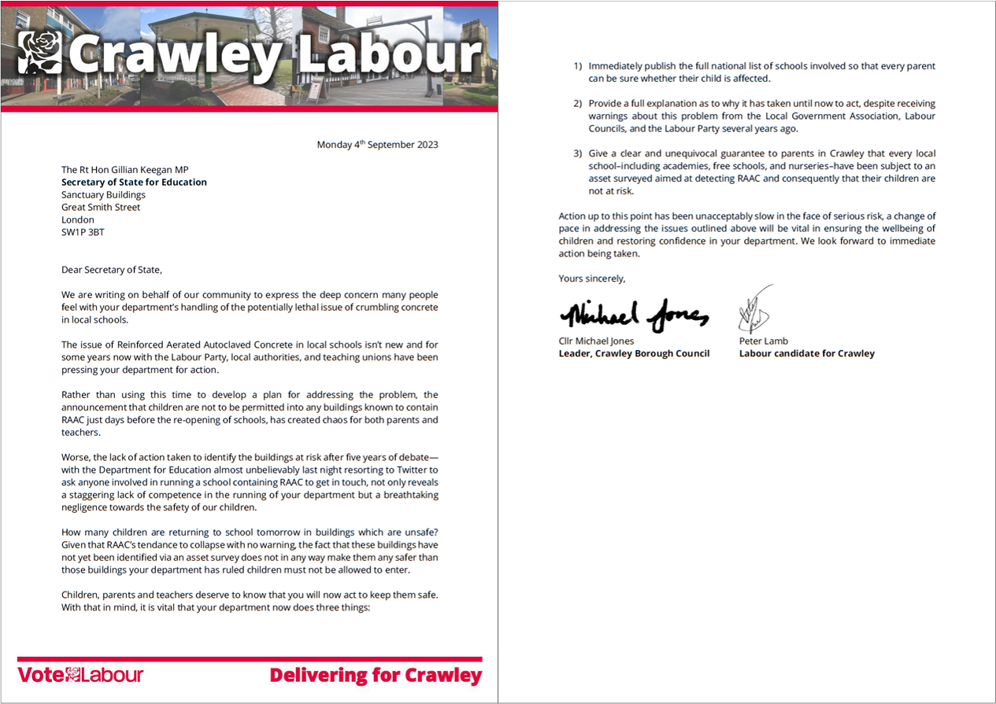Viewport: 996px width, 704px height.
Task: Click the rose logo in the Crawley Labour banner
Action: (39, 53)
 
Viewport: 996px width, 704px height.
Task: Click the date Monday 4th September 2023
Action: (377, 145)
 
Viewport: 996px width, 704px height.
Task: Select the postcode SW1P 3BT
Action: (83, 233)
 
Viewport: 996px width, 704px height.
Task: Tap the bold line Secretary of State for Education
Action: (134, 182)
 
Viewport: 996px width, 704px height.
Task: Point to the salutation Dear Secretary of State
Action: (111, 270)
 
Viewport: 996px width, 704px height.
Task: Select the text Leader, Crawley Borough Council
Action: (634, 354)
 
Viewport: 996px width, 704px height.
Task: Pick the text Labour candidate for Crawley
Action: (806, 354)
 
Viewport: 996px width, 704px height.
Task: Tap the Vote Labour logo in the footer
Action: (80, 675)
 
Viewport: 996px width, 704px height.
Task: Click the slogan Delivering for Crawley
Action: (376, 675)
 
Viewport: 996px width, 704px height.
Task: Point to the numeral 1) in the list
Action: (578, 67)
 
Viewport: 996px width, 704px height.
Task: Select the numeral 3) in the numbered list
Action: (578, 153)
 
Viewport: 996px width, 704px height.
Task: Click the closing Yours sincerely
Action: (592, 278)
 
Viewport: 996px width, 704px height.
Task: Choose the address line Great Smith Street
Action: (101, 208)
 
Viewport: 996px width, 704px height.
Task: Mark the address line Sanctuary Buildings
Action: (103, 195)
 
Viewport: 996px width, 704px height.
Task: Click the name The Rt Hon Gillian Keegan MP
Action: (125, 170)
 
